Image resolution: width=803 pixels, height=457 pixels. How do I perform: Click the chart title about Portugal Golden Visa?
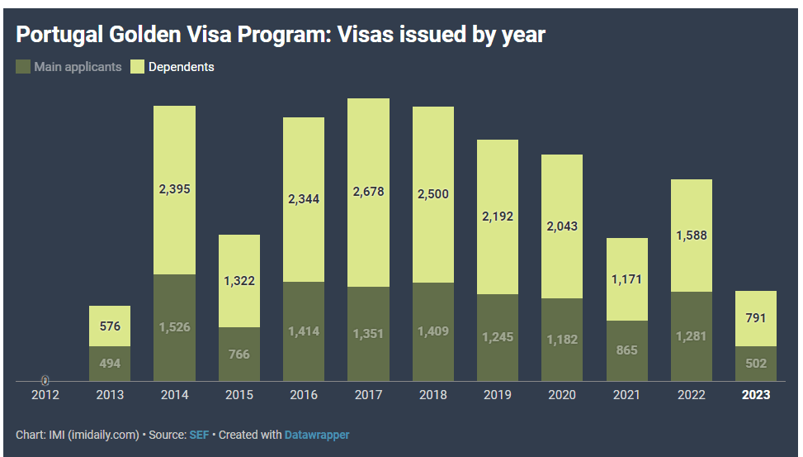[x=281, y=36]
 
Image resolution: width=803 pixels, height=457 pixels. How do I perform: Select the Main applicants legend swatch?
[x=23, y=66]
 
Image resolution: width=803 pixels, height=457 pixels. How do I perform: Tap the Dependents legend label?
[x=181, y=67]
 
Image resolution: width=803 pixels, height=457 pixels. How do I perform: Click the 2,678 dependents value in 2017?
[x=368, y=192]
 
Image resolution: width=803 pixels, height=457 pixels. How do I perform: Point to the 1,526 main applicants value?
[x=174, y=327]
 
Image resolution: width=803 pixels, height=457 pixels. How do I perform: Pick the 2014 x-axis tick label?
[x=174, y=395]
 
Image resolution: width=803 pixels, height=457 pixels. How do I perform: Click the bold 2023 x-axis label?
[x=756, y=395]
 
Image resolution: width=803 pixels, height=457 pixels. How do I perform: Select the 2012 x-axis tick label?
[x=45, y=395]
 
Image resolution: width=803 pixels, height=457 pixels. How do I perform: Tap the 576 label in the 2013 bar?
[x=110, y=326]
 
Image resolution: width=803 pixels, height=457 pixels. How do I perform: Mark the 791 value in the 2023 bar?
[x=756, y=317]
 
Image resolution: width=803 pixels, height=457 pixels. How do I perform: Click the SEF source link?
[x=198, y=435]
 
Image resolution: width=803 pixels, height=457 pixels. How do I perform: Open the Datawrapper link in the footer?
[x=317, y=435]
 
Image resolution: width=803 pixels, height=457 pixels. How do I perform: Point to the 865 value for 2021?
[x=626, y=350]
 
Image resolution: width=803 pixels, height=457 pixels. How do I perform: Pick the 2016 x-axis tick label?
[x=304, y=395]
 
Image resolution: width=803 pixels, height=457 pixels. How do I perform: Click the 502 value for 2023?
[x=756, y=364]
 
